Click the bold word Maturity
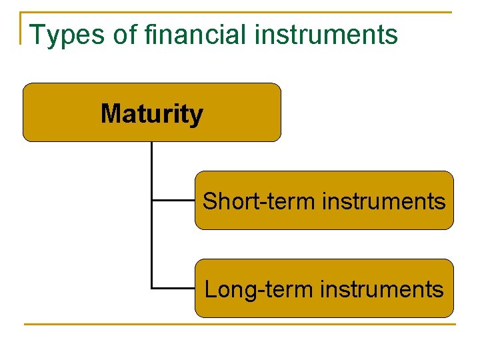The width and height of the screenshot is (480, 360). pyautogui.click(x=151, y=114)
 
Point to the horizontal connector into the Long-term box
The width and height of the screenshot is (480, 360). pyautogui.click(x=173, y=288)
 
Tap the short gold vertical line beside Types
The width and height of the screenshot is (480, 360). pyautogui.click(x=21, y=28)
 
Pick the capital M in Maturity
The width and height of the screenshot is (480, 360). pyautogui.click(x=111, y=114)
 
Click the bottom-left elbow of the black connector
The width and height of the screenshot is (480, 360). pyautogui.click(x=152, y=288)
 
